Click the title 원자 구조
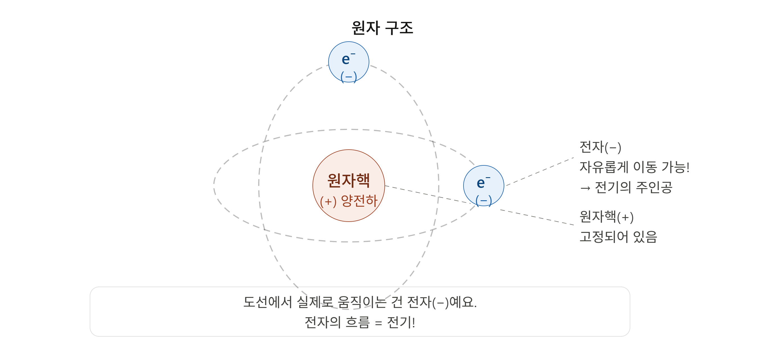[382, 28]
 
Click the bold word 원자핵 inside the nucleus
[349, 180]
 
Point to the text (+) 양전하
[349, 201]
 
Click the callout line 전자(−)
[600, 147]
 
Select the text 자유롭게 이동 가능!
[634, 167]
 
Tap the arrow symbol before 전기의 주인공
[585, 188]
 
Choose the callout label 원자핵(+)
[606, 217]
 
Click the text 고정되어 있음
[618, 237]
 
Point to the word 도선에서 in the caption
[267, 302]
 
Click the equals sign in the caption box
[378, 323]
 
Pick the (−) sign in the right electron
[483, 201]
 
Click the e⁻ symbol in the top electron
[348, 58]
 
